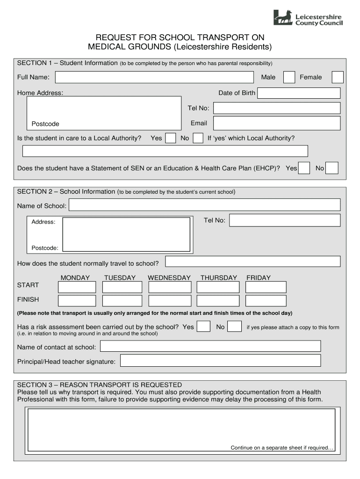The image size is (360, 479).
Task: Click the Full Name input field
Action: click(x=154, y=77)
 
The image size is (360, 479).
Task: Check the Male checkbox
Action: click(x=289, y=77)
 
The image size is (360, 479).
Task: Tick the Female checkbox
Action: click(x=337, y=77)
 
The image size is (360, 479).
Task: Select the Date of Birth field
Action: click(x=299, y=93)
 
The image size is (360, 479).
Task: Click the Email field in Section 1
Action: click(x=277, y=123)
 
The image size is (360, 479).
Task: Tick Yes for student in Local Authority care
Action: click(x=171, y=138)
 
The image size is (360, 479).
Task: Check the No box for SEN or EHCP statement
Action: click(x=332, y=168)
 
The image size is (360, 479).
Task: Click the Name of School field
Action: click(x=205, y=205)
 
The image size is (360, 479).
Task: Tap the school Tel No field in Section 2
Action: click(x=285, y=220)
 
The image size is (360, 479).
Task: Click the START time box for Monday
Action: click(x=77, y=287)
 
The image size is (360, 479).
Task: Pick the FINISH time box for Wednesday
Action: click(x=170, y=300)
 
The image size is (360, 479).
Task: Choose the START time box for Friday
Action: click(x=266, y=287)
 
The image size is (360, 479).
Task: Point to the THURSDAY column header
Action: click(x=219, y=278)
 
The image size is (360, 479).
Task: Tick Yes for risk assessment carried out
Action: click(x=203, y=327)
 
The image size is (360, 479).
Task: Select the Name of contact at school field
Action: click(x=210, y=346)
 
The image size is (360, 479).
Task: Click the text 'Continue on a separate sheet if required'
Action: click(x=282, y=448)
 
